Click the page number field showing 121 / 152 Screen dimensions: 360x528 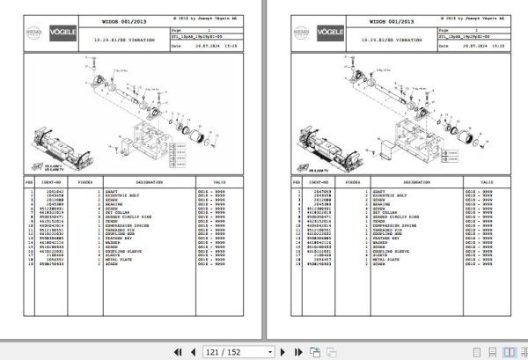tap(224, 351)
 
